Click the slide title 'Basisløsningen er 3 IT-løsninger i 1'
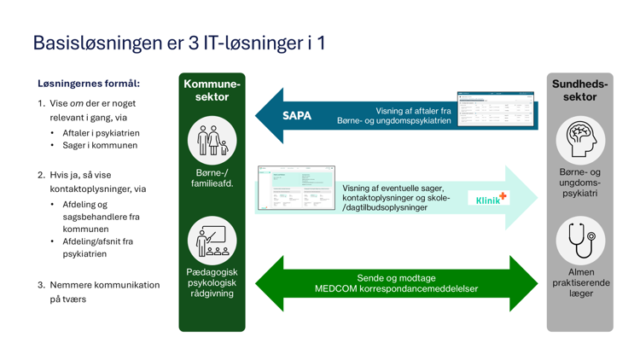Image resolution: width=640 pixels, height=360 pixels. (178, 43)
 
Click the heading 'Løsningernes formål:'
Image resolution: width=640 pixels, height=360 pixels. (89, 84)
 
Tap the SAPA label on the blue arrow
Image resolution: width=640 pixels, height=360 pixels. (297, 115)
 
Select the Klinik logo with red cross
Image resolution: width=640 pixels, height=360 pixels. (491, 198)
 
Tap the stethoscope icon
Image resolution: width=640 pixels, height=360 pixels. (580, 240)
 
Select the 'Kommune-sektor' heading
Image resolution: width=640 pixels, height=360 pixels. (212, 90)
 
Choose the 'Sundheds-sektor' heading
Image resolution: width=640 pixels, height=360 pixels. (580, 90)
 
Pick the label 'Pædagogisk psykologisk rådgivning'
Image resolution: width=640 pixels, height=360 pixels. (212, 282)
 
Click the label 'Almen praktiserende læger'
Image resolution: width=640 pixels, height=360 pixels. (580, 282)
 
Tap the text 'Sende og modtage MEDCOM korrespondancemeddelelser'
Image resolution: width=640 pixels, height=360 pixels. (396, 283)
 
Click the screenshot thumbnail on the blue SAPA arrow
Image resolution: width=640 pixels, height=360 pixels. (495, 109)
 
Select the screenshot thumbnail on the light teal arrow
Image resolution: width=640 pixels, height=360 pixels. (296, 188)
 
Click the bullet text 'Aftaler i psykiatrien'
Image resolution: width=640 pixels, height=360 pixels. (101, 133)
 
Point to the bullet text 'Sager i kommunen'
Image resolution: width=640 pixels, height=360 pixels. (99, 145)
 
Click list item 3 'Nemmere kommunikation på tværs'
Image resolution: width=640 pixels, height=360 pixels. (98, 292)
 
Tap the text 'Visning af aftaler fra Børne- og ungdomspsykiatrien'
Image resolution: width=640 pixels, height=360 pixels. (413, 115)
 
